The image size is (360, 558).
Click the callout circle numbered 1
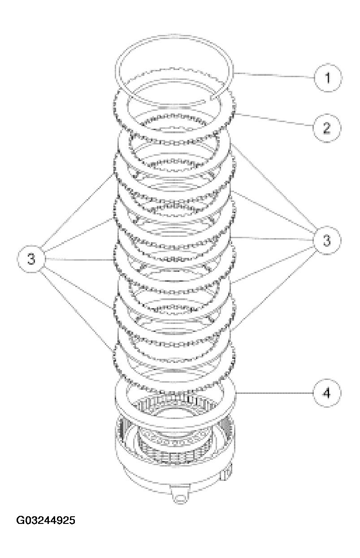click(x=327, y=78)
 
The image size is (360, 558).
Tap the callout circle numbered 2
click(x=327, y=128)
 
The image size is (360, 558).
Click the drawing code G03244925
click(x=46, y=521)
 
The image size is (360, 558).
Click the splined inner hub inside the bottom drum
click(x=173, y=444)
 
